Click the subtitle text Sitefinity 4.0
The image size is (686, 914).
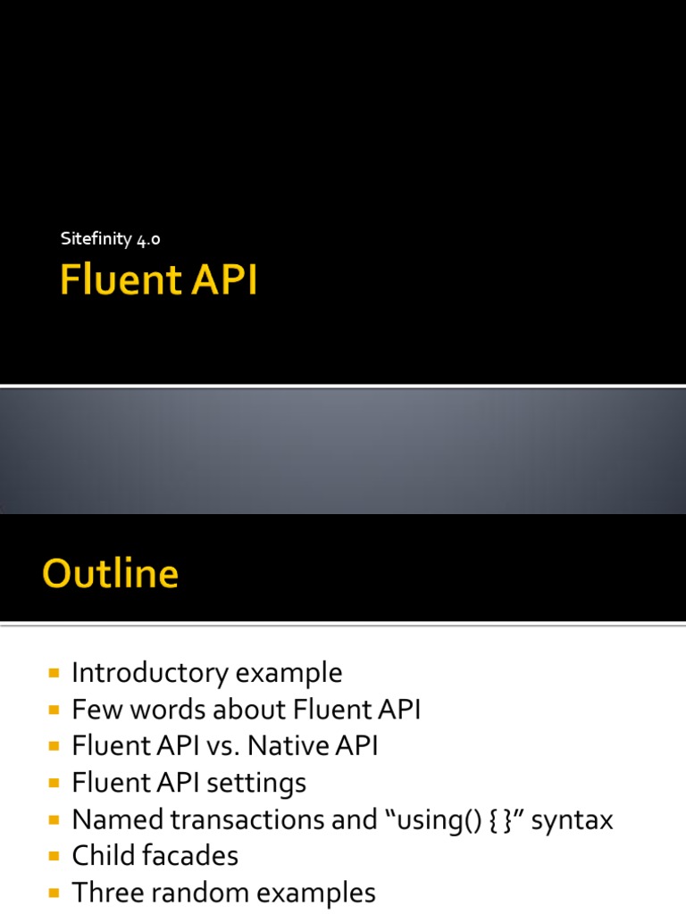tap(110, 239)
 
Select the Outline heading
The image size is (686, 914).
tap(110, 573)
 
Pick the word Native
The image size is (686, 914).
tap(289, 746)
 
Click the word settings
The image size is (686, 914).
tap(256, 783)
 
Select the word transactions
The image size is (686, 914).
tap(229, 819)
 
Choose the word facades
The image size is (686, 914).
tap(192, 856)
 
